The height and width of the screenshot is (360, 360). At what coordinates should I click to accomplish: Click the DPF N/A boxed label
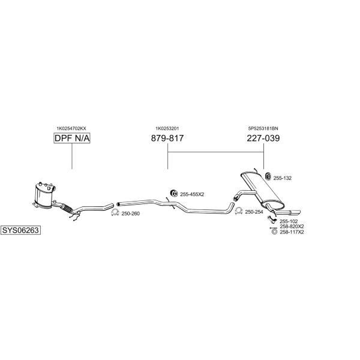[72, 138]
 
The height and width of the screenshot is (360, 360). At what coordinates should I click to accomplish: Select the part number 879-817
[167, 138]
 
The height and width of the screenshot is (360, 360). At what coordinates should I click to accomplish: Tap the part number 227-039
[263, 138]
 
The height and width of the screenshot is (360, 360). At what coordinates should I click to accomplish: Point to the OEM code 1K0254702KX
[71, 128]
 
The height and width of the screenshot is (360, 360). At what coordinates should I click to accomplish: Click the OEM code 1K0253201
[167, 128]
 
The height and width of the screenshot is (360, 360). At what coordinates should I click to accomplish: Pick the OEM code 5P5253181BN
[263, 128]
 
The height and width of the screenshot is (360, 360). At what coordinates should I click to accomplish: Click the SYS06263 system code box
[20, 230]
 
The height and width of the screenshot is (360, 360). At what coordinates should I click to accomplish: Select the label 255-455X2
[192, 194]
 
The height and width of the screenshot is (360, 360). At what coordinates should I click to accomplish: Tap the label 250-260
[130, 214]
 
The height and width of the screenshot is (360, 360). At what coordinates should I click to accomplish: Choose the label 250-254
[254, 212]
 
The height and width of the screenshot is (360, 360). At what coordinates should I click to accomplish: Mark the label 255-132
[283, 178]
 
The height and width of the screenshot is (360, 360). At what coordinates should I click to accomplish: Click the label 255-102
[289, 221]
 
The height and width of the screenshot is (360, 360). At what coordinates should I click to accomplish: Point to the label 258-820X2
[292, 227]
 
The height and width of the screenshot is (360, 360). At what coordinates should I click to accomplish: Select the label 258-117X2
[292, 232]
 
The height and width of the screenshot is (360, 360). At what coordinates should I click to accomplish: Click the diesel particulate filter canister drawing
[44, 196]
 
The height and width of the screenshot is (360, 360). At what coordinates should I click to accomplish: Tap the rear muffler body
[262, 190]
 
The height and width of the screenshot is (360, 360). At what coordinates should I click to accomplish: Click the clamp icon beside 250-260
[115, 213]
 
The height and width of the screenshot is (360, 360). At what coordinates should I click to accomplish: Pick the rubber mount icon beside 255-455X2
[174, 194]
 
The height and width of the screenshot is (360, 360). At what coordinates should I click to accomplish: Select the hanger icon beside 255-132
[268, 176]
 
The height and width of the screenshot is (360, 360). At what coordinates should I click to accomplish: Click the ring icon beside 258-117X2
[274, 232]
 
